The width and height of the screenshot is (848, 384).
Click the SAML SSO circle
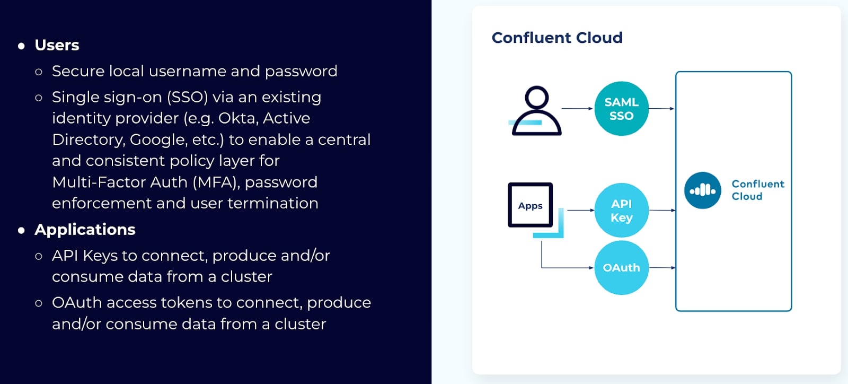(x=621, y=109)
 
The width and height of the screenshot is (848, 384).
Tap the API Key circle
(x=621, y=211)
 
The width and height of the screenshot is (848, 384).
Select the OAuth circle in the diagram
(x=621, y=268)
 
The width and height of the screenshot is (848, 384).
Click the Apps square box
(x=530, y=205)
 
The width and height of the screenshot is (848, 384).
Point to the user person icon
(x=536, y=111)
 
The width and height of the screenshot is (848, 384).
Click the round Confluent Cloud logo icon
(x=702, y=190)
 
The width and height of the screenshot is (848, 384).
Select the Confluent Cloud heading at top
(x=556, y=38)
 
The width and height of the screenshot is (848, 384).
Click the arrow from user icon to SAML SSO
(x=577, y=108)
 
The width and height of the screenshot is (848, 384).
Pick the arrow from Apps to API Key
(x=581, y=210)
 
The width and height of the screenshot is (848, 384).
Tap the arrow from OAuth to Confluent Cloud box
(x=662, y=268)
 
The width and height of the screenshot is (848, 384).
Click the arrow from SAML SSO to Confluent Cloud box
(x=661, y=109)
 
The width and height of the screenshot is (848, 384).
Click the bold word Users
(x=57, y=45)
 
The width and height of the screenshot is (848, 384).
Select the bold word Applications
(x=85, y=230)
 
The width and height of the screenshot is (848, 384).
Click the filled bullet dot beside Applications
(x=21, y=230)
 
